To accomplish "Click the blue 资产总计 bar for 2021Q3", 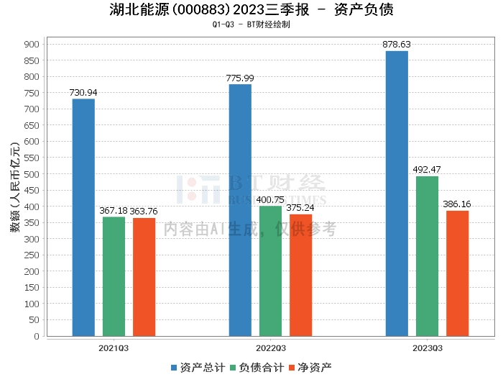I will point(83,217).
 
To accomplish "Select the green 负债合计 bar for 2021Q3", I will point(114,276).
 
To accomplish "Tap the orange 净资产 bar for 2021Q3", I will point(144,277).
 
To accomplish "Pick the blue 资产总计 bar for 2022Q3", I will point(240,210).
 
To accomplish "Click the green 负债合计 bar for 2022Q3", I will point(270,271).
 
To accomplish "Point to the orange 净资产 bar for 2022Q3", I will point(300,275).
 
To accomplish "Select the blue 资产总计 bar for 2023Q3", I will point(397,194).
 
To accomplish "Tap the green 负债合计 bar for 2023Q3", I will point(427,256).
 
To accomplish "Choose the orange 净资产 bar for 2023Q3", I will point(457,273).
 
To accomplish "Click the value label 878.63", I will point(397,45).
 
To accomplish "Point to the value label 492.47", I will point(427,170).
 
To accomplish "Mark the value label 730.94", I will point(83,93).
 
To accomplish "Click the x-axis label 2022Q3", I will point(270,348).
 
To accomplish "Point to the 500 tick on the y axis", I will point(33,173).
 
